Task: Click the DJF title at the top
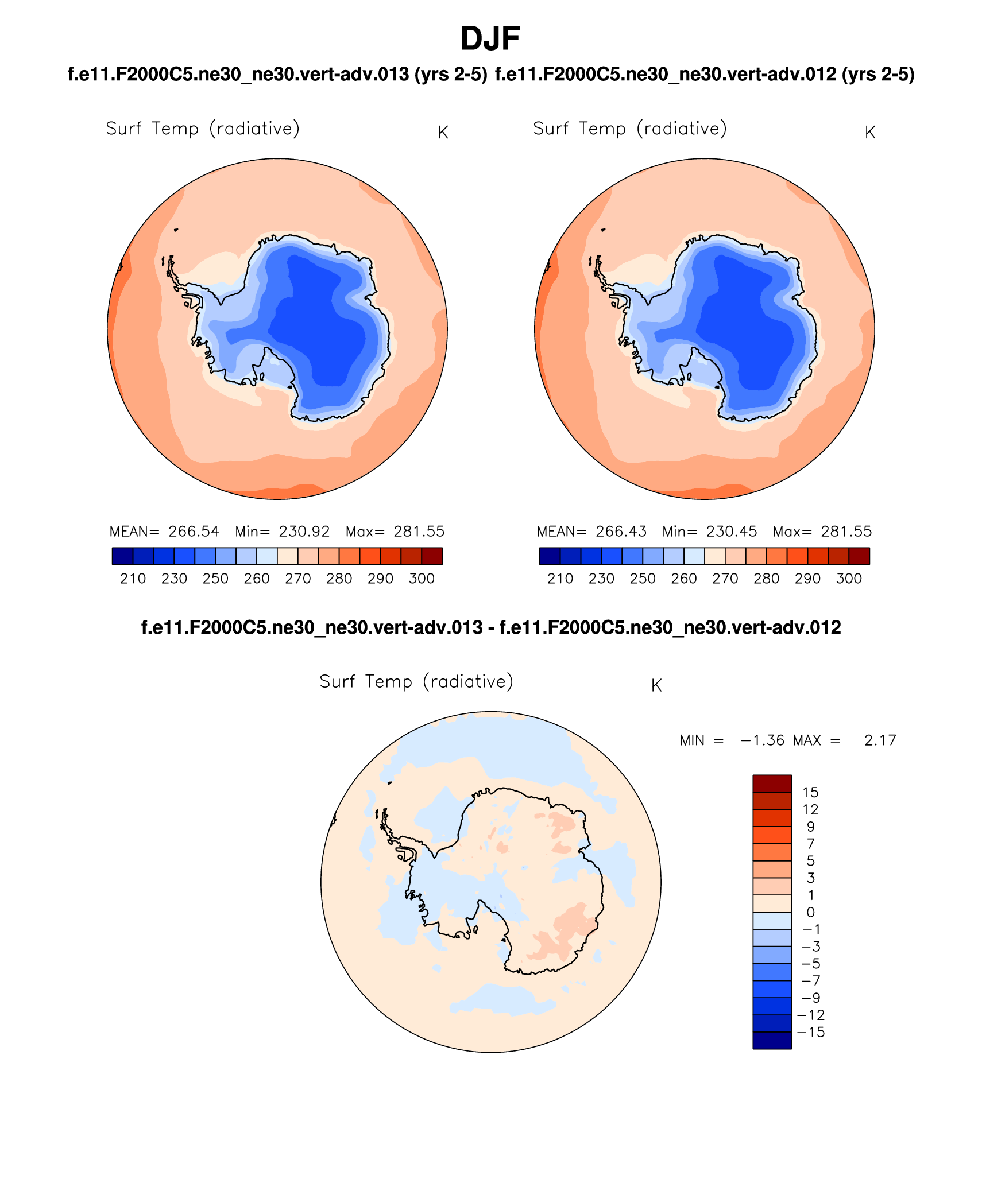point(490,39)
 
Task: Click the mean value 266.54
point(194,532)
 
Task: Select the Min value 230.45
point(732,532)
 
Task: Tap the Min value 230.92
point(304,532)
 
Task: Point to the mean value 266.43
point(621,532)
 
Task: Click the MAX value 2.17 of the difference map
point(880,740)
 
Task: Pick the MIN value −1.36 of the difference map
point(763,740)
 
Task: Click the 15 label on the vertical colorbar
point(810,793)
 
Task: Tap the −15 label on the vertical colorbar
point(811,1032)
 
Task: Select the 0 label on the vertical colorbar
point(810,912)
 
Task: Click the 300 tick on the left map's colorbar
point(422,579)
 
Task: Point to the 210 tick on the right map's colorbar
point(560,579)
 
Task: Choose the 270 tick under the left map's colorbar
point(298,579)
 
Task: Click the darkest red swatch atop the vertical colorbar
point(772,784)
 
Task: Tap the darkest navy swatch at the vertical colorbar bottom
point(772,1041)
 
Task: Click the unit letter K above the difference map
point(656,685)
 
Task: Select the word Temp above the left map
point(175,129)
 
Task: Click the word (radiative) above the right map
point(682,129)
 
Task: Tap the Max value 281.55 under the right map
point(846,532)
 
